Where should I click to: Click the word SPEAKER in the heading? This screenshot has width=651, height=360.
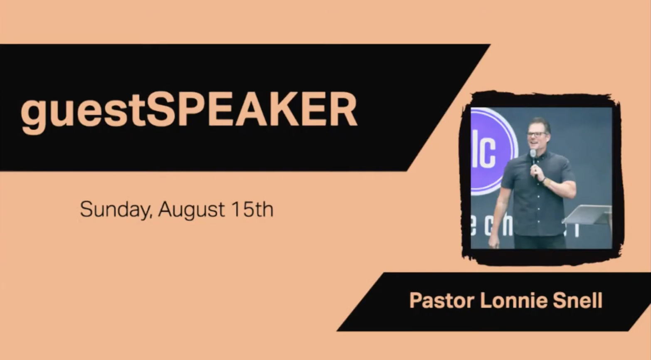coord(252,109)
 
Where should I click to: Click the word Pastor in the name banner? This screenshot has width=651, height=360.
coord(441,300)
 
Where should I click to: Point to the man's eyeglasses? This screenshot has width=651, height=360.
coord(536,134)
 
